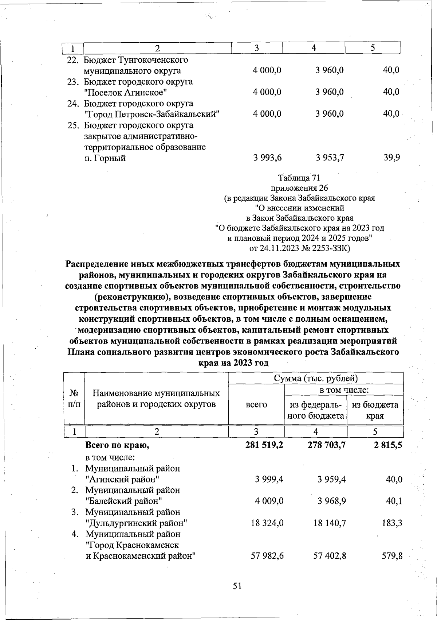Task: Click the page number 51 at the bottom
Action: pyautogui.click(x=237, y=586)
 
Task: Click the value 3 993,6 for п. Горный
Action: pyautogui.click(x=268, y=158)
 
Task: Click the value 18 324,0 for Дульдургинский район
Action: pyautogui.click(x=267, y=523)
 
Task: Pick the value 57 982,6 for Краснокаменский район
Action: pyautogui.click(x=267, y=556)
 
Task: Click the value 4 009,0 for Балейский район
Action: pyautogui.click(x=269, y=501)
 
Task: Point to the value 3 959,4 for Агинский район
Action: pyautogui.click(x=331, y=479)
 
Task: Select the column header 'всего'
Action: pyautogui.click(x=256, y=404)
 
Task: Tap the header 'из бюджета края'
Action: pyautogui.click(x=375, y=410)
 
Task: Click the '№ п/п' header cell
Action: pyautogui.click(x=74, y=399)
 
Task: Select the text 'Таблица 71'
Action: pyautogui.click(x=299, y=178)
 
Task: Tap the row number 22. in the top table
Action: pyautogui.click(x=74, y=60)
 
